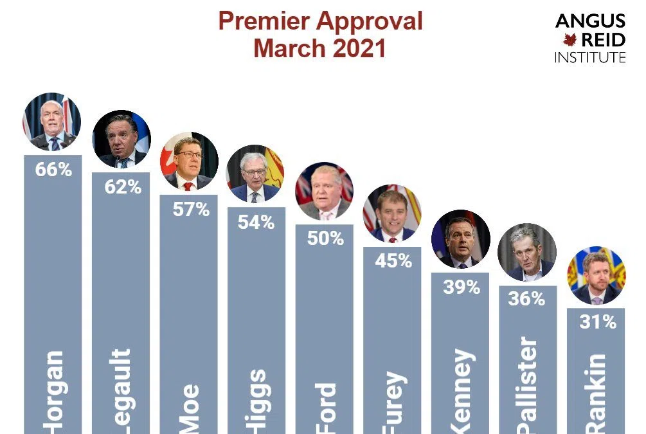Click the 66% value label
pos(53,172)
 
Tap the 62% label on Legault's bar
pos(123,187)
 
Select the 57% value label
pos(191,210)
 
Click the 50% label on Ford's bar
pos(325,239)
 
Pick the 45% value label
pos(393,261)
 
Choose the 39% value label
pos(462,287)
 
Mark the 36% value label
pos(526,300)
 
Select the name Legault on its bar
pos(121,392)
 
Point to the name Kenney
pos(462,392)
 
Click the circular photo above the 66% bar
pos(52,122)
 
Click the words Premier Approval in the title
pos(320,21)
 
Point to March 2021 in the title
pos(319,48)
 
